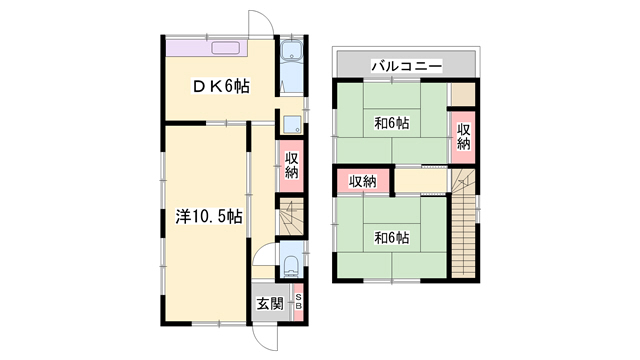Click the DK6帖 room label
pyautogui.click(x=220, y=86)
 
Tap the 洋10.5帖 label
pyautogui.click(x=209, y=216)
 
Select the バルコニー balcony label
pyautogui.click(x=407, y=65)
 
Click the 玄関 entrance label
pyautogui.click(x=270, y=304)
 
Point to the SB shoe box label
pyautogui.click(x=298, y=301)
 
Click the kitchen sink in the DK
pyautogui.click(x=225, y=48)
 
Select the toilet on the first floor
pyautogui.click(x=291, y=266)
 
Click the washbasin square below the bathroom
pyautogui.click(x=292, y=124)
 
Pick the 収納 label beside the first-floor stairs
pyautogui.click(x=291, y=165)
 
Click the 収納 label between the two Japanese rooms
pyautogui.click(x=363, y=181)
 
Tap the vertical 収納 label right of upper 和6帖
pyautogui.click(x=463, y=137)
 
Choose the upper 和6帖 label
pyautogui.click(x=392, y=123)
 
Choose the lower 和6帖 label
pyautogui.click(x=392, y=238)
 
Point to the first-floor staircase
pyautogui.click(x=292, y=216)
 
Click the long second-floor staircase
pyautogui.click(x=464, y=224)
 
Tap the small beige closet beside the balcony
pyautogui.click(x=463, y=94)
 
